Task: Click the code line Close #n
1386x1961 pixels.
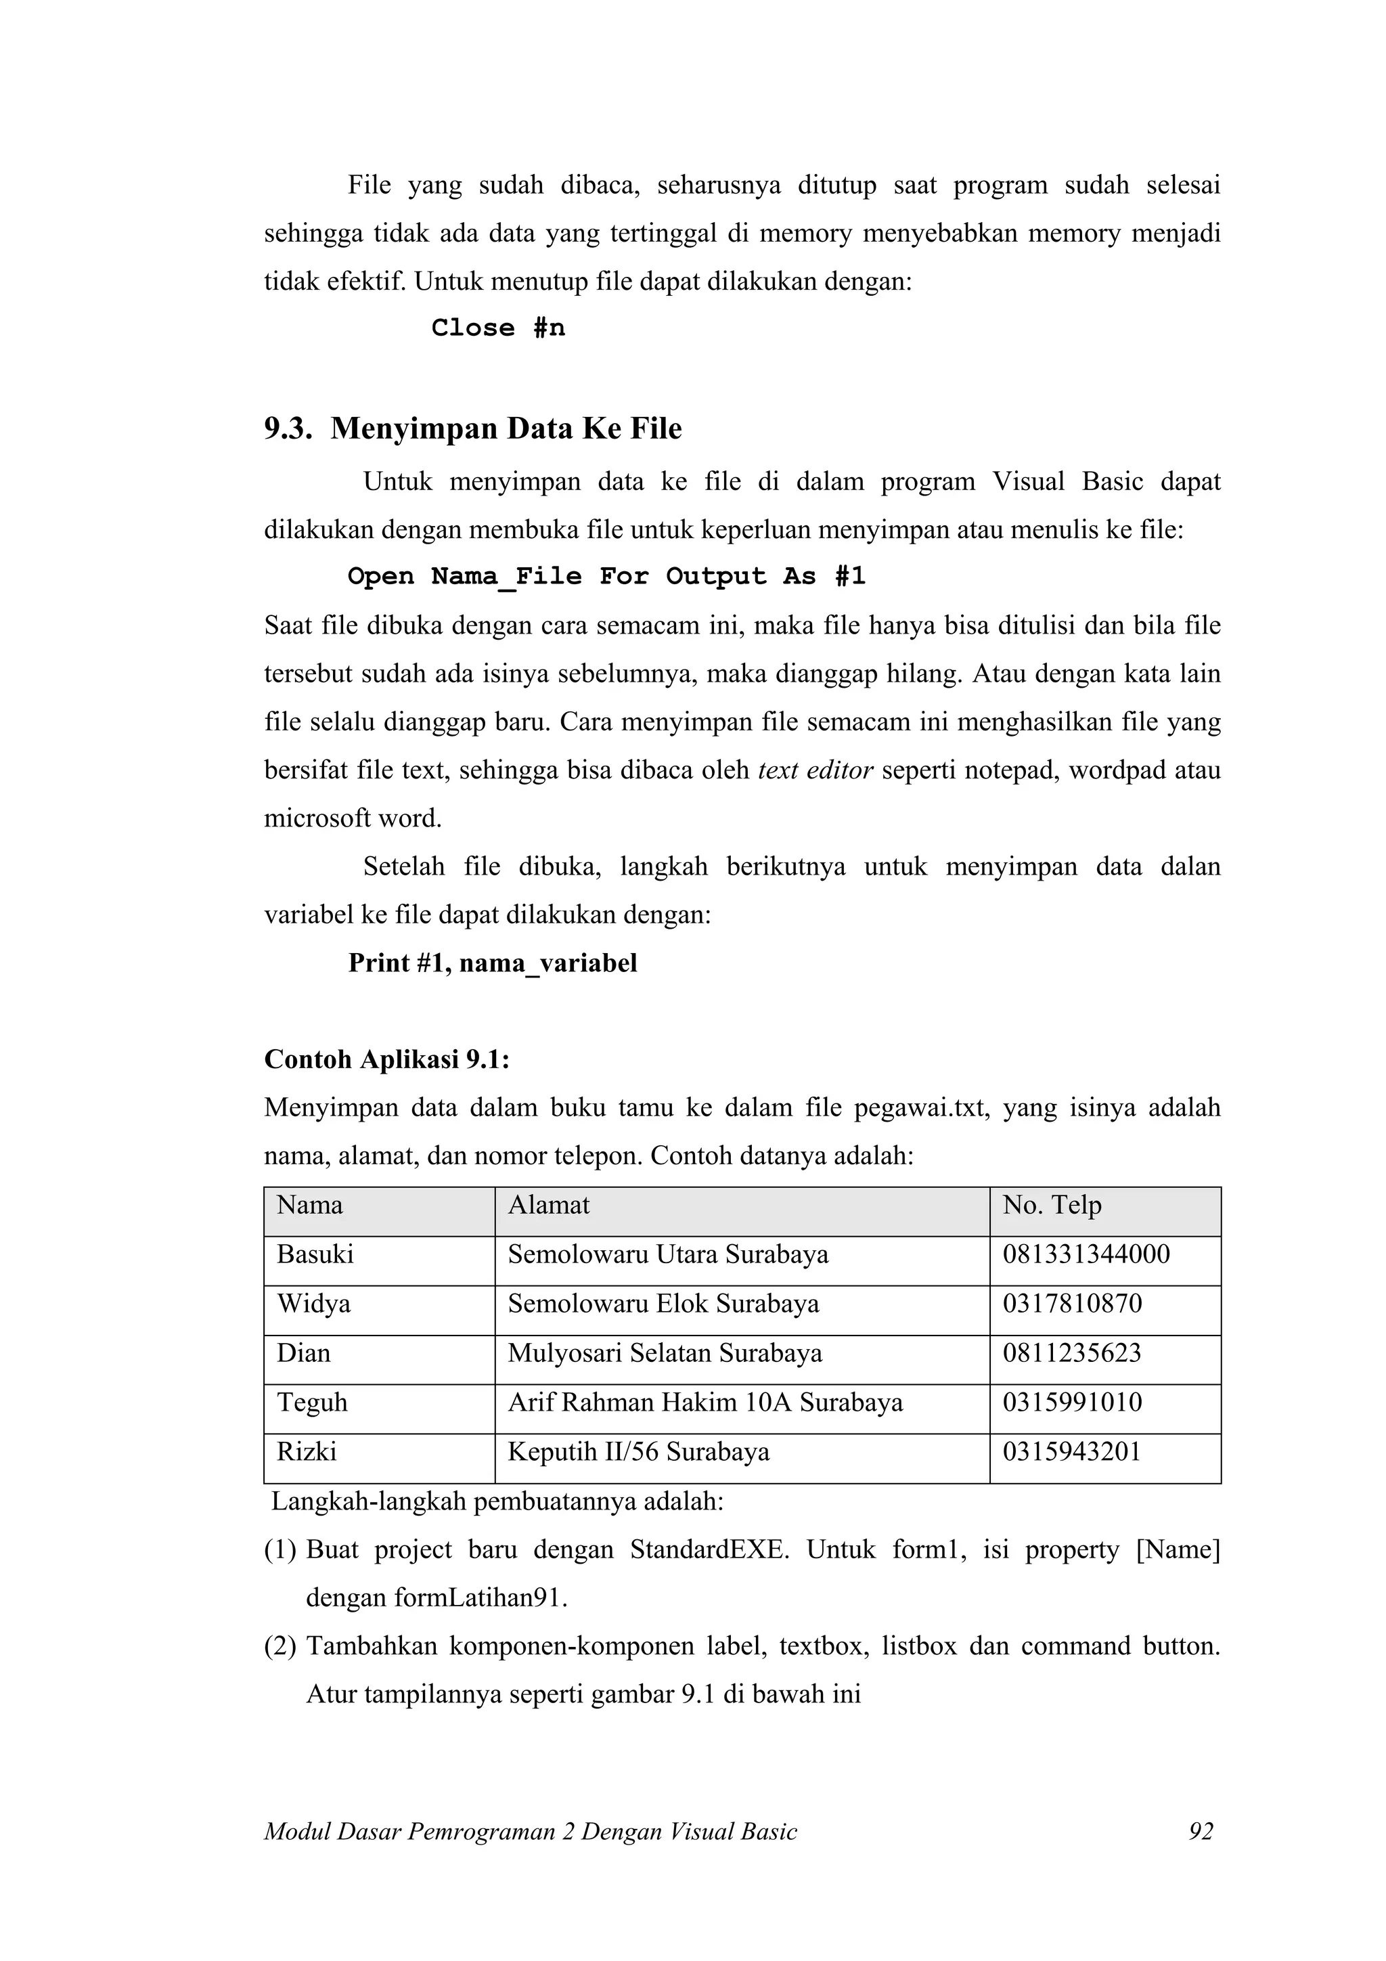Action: pos(498,328)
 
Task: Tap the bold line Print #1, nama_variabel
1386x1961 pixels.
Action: pos(493,963)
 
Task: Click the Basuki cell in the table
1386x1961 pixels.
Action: pos(315,1255)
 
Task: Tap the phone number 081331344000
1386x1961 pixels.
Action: pos(1086,1255)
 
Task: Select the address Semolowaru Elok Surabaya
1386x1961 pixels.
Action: pos(663,1304)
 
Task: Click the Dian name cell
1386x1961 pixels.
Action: pos(303,1354)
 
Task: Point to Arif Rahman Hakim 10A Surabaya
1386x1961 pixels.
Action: pos(705,1403)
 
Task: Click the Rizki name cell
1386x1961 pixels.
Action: pos(307,1452)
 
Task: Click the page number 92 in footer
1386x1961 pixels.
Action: pos(1200,1832)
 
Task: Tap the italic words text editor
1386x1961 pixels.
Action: pos(815,770)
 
